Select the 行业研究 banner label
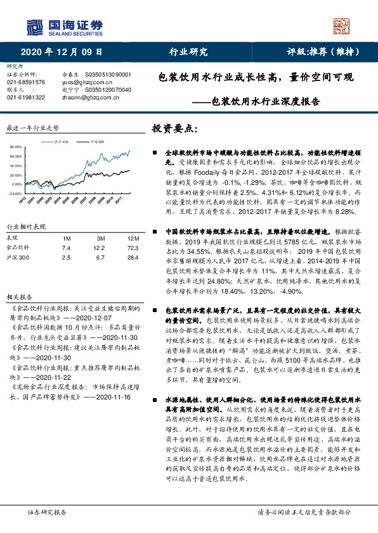190,52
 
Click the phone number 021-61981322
25,97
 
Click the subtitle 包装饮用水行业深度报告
266,100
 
